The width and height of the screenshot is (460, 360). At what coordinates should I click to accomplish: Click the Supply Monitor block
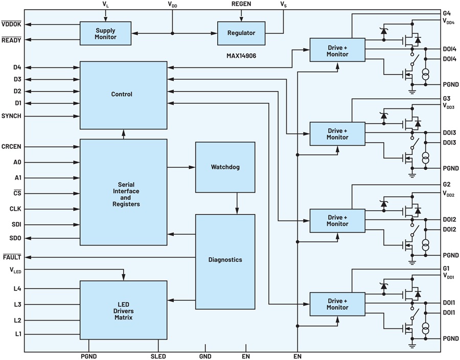click(x=106, y=33)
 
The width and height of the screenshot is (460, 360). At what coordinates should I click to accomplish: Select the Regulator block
click(x=241, y=33)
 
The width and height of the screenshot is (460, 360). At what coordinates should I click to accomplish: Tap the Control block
click(x=124, y=95)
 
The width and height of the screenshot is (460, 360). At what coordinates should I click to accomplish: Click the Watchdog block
click(x=225, y=167)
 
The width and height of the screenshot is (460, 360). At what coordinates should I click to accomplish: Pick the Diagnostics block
click(x=225, y=262)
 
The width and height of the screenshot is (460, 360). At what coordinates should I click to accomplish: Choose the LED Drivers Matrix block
click(x=124, y=310)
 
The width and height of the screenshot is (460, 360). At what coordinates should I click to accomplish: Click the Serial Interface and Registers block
click(x=124, y=192)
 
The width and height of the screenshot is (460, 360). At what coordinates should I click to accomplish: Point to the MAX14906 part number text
click(x=241, y=56)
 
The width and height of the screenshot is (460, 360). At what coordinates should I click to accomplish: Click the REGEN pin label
click(x=241, y=4)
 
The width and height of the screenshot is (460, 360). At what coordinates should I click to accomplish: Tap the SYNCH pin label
click(x=11, y=116)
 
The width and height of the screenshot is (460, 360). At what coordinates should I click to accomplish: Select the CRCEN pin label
click(x=11, y=146)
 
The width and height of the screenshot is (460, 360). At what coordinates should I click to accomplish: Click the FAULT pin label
click(x=12, y=257)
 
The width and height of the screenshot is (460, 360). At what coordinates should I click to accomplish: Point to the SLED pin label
click(x=158, y=356)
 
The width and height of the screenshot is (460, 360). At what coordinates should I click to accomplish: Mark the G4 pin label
click(x=447, y=13)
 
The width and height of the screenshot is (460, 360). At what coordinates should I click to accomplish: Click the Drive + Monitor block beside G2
click(x=337, y=220)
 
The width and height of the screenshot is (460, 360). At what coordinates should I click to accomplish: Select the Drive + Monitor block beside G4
click(x=337, y=50)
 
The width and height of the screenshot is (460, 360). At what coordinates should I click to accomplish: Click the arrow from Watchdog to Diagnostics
click(x=237, y=204)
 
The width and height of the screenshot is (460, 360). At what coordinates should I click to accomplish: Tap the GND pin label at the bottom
click(x=205, y=356)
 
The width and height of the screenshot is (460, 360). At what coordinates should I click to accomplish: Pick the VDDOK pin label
click(x=11, y=24)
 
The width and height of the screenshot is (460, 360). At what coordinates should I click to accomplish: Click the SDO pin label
click(x=15, y=238)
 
